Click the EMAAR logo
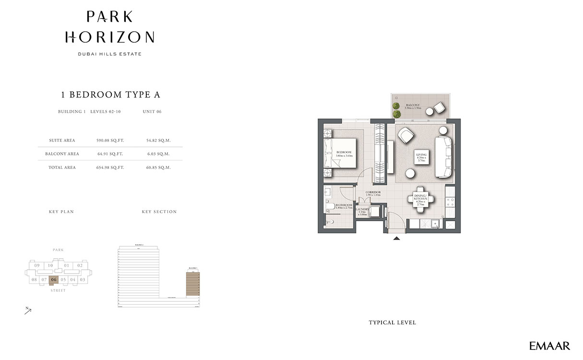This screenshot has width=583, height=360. click(549, 346)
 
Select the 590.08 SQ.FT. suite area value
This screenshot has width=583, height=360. click(110, 141)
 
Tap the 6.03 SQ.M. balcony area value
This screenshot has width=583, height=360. click(158, 154)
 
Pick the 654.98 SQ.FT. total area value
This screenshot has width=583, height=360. click(110, 168)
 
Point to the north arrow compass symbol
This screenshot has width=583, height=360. click(28, 311)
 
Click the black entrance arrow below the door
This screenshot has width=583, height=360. click(396, 238)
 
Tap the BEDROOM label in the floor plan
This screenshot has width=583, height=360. click(345, 153)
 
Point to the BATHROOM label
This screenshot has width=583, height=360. click(344, 206)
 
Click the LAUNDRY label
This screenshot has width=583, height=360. click(362, 211)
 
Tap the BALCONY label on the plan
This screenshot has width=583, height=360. click(413, 106)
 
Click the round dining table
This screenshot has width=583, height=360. click(421, 198)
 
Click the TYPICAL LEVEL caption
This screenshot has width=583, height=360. click(392, 323)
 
